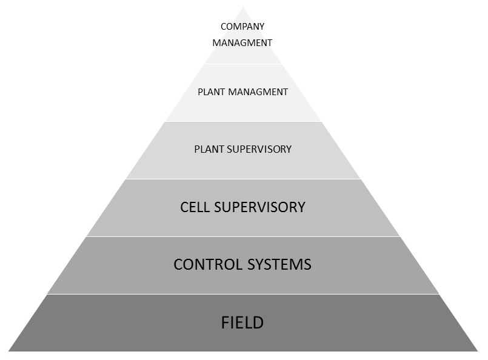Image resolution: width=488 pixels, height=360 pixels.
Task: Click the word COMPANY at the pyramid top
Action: pyautogui.click(x=242, y=27)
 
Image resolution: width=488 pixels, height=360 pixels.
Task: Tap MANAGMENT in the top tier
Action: pyautogui.click(x=242, y=43)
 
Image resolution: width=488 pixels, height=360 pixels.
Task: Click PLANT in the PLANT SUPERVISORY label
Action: pyautogui.click(x=207, y=149)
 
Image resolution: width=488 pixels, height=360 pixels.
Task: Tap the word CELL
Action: pyautogui.click(x=195, y=207)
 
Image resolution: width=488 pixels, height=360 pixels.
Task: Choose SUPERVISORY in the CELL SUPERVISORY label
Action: pyautogui.click(x=260, y=207)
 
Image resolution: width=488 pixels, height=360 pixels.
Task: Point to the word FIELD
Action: pyautogui.click(x=242, y=322)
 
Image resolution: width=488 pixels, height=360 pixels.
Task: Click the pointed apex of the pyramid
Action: pyautogui.click(x=242, y=8)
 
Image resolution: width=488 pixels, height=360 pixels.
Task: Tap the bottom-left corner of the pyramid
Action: pyautogui.click(x=8, y=351)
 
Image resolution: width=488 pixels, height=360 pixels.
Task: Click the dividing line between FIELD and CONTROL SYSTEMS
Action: pyautogui.click(x=242, y=294)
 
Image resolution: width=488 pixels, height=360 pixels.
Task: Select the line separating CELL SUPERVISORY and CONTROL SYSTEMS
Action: pyautogui.click(x=242, y=236)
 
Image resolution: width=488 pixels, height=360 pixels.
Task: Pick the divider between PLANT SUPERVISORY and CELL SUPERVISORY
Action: pyautogui.click(x=242, y=179)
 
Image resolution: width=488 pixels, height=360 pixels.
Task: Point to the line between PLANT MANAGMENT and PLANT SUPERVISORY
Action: pyautogui.click(x=242, y=121)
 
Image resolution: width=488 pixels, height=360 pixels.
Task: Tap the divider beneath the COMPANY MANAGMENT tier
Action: pyautogui.click(x=242, y=64)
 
